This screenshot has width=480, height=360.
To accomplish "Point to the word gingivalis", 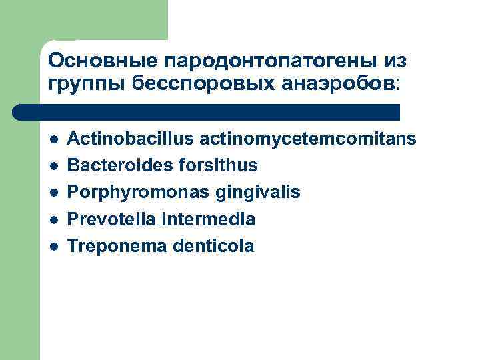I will pos(257,192).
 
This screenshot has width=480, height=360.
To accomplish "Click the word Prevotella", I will pos(111,219).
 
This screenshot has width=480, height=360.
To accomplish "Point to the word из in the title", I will pos(395,61).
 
